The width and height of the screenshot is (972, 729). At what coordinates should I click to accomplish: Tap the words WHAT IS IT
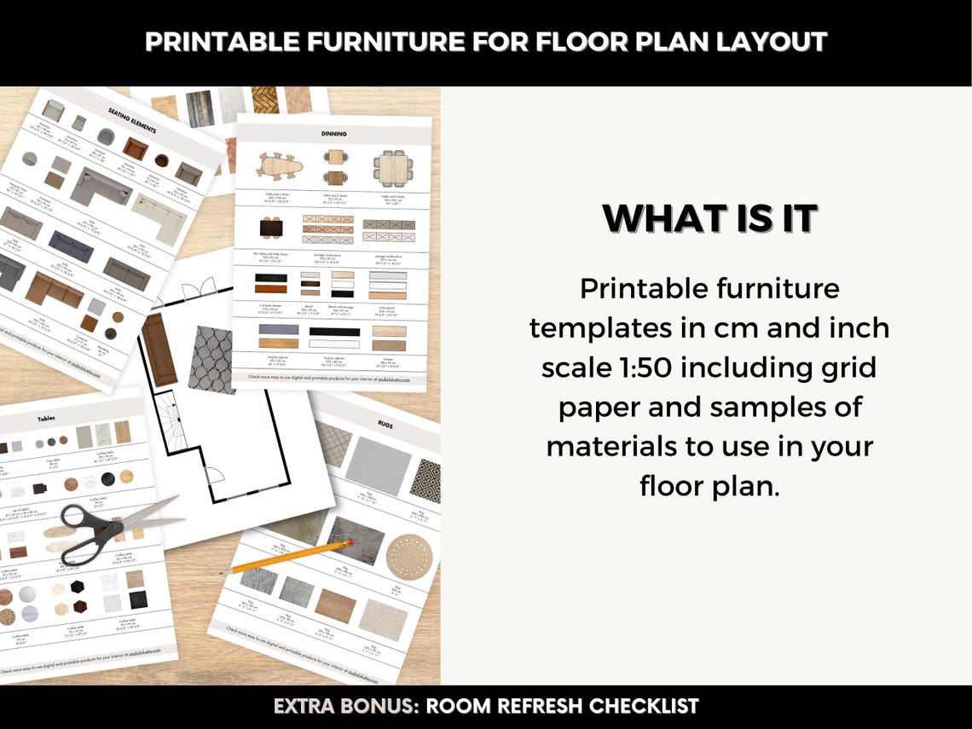(x=709, y=218)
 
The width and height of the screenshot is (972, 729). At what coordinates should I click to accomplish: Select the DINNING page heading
(x=333, y=134)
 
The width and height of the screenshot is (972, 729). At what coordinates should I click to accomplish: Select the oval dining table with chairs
(x=279, y=165)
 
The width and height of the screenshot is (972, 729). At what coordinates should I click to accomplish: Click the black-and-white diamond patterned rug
(x=425, y=482)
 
